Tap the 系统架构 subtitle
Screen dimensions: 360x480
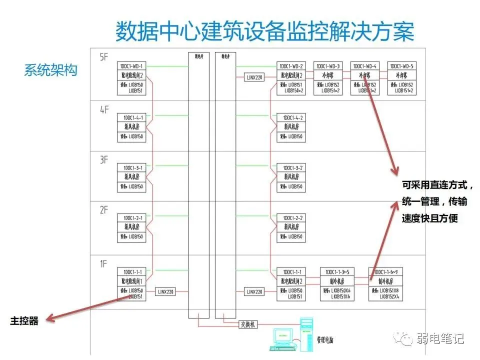click(50, 70)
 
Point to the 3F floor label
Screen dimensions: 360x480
click(104, 160)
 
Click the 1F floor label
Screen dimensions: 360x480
click(103, 263)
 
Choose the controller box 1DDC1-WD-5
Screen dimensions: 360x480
click(401, 78)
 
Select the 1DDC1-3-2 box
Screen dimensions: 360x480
click(291, 177)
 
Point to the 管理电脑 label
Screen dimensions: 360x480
click(325, 340)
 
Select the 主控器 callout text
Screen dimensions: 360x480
click(24, 321)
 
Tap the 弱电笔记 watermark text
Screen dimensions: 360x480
click(440, 338)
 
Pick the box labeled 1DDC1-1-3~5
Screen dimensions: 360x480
click(336, 285)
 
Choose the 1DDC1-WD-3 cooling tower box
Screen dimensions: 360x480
click(327, 78)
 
